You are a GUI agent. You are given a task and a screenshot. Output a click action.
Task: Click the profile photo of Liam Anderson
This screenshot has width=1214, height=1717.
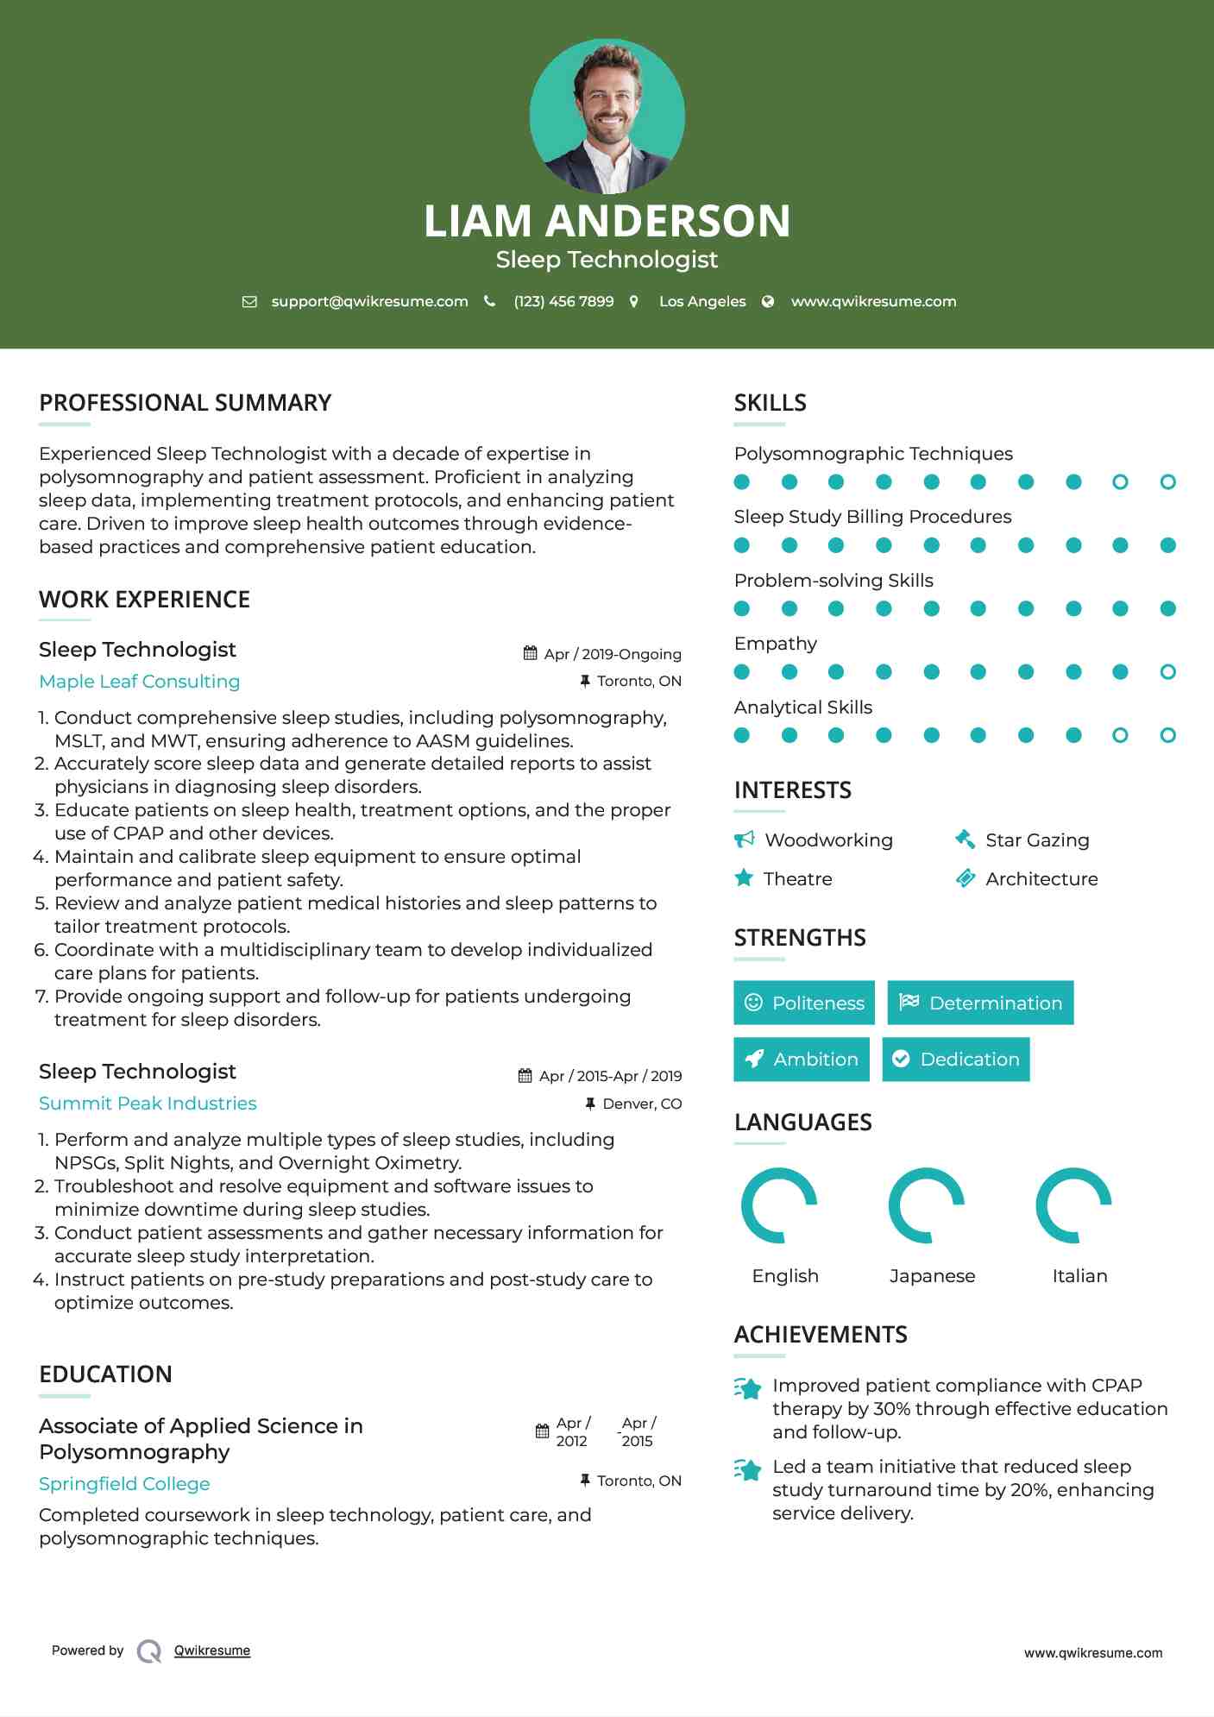[x=607, y=116]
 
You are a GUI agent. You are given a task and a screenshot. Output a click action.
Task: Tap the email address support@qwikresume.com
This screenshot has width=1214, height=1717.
[x=369, y=301]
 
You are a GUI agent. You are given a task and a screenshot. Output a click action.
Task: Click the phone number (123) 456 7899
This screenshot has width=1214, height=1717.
[x=563, y=301]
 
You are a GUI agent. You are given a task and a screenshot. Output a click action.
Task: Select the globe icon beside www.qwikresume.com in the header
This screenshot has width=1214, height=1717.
[x=768, y=301]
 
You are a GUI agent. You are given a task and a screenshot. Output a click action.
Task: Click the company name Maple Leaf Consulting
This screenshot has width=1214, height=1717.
[x=139, y=682]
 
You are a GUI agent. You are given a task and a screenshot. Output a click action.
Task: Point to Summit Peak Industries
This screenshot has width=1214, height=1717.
[x=148, y=1104]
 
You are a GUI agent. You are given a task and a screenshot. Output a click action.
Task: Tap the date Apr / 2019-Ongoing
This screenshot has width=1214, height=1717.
[x=612, y=654]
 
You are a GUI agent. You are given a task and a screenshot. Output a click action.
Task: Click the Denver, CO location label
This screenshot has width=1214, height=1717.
[x=641, y=1104]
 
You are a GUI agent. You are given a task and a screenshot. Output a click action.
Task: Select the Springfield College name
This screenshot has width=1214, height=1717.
[x=124, y=1484]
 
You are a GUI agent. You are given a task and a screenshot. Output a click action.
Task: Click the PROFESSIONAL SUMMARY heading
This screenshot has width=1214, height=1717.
[x=185, y=403]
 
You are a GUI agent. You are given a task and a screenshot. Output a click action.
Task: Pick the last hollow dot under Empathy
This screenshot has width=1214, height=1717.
[x=1167, y=672]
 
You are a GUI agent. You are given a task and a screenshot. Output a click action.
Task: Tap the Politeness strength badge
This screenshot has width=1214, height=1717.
[x=803, y=1003]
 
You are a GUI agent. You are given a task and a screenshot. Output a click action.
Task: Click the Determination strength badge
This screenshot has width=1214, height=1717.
[x=980, y=1003]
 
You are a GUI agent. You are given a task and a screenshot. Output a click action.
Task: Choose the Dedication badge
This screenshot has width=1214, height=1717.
[x=955, y=1060]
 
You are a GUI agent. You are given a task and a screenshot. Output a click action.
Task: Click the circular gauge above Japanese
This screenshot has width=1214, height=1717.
[x=927, y=1205]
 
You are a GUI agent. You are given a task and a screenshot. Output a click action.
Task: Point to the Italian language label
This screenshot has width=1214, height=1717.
[x=1079, y=1276]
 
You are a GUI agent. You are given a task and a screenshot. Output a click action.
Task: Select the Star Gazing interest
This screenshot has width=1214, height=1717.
[x=1037, y=840]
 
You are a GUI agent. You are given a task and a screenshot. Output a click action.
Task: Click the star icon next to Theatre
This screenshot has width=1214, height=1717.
[x=743, y=878]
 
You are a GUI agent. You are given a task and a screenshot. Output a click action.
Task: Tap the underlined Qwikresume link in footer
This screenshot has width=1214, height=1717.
[x=212, y=1651]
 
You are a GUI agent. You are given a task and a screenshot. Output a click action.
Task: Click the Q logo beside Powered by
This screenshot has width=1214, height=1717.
[x=149, y=1651]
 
